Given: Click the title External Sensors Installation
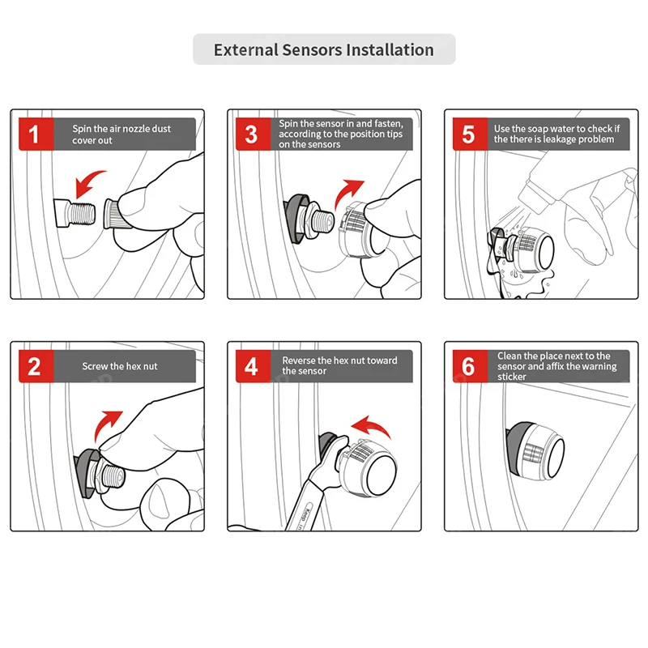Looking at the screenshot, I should tap(324, 49).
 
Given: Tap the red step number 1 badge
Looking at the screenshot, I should tap(33, 134).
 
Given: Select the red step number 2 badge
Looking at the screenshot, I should tap(33, 366).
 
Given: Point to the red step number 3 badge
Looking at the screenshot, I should tap(251, 134).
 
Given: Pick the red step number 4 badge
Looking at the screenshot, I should tap(251, 366).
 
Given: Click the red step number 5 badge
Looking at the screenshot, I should tap(468, 134).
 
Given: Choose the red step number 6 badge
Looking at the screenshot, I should tap(468, 366).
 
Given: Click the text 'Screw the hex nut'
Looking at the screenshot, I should tap(119, 366).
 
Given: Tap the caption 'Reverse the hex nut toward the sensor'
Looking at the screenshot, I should tap(339, 365).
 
